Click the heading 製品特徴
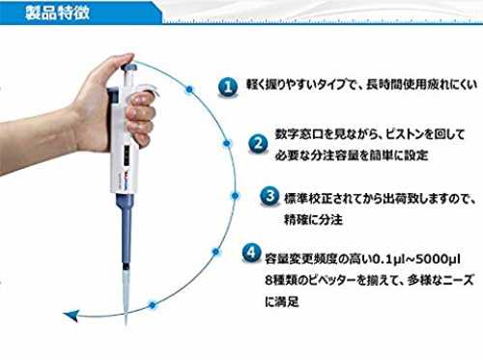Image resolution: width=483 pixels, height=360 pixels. pyautogui.click(x=57, y=13)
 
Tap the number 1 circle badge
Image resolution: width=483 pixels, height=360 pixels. pyautogui.click(x=228, y=87)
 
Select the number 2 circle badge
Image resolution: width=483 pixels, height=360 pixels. pyautogui.click(x=258, y=144)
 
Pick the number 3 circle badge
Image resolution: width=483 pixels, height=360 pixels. pyautogui.click(x=270, y=196)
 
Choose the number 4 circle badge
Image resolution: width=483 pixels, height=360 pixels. pyautogui.click(x=252, y=253)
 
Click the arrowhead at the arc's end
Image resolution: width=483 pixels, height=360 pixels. pyautogui.click(x=71, y=315)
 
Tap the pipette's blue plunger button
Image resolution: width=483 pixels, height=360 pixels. pyautogui.click(x=128, y=68)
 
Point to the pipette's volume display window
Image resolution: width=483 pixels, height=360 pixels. pyautogui.click(x=128, y=154)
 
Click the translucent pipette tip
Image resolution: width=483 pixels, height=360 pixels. pyautogui.click(x=126, y=296)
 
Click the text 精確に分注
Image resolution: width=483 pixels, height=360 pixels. pyautogui.click(x=313, y=219)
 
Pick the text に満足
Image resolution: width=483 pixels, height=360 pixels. pyautogui.click(x=282, y=301)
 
